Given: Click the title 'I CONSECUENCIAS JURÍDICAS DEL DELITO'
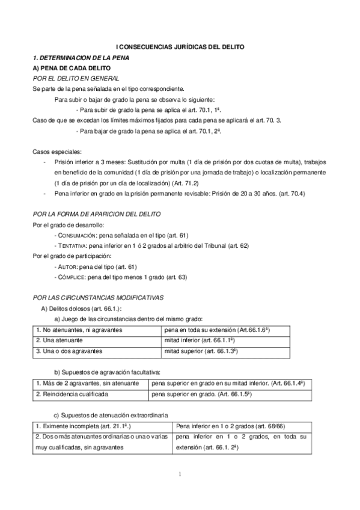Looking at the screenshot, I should tap(180, 47).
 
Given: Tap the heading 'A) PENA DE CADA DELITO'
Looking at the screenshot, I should tap(67, 68).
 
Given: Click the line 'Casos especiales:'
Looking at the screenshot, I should tap(58, 152).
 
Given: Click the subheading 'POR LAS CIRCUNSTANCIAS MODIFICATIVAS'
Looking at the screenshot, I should tap(97, 298).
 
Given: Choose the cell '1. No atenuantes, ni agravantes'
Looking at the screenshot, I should tap(79, 330).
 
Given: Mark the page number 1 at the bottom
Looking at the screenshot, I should tap(180, 475).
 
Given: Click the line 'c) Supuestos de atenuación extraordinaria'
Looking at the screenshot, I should tap(112, 414).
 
